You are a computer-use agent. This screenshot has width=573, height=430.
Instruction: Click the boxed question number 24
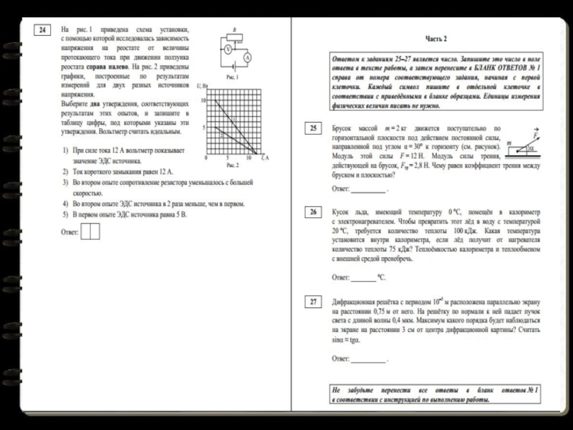pos(44,29)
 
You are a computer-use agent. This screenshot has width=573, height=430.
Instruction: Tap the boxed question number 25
pos(314,129)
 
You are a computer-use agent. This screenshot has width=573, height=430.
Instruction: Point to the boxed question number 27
pos(314,302)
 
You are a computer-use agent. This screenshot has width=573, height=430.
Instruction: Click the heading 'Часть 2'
pos(435,38)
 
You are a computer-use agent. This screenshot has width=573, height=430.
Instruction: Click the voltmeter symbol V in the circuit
pos(227,49)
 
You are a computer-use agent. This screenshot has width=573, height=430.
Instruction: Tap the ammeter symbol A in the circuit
pos(247,57)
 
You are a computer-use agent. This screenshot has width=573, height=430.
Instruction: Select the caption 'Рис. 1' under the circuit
pos(231,76)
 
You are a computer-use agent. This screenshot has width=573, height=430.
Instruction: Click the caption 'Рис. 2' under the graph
pos(232,165)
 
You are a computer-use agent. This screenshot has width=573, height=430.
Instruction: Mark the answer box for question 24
pos(90,231)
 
